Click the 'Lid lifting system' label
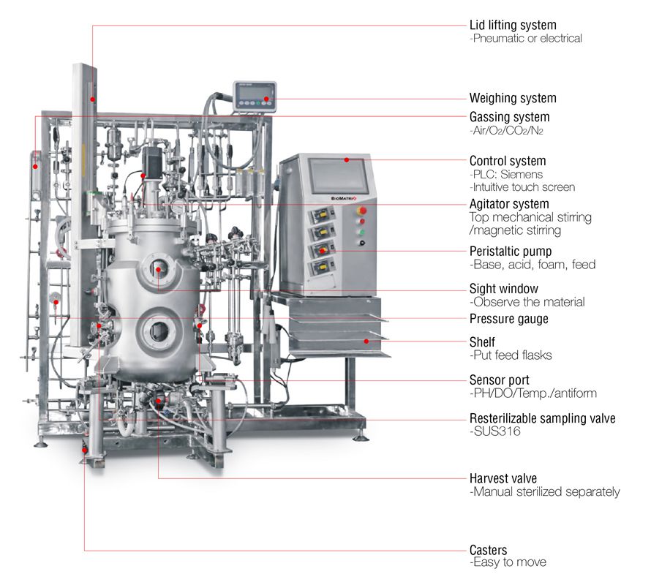click(512, 25)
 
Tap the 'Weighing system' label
click(512, 98)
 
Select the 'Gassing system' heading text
click(509, 117)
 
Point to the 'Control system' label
click(508, 161)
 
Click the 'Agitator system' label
click(509, 204)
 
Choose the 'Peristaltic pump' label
click(510, 251)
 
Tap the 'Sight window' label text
click(504, 289)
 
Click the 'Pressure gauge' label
click(508, 319)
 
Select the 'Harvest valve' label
click(503, 478)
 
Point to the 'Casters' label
click(488, 550)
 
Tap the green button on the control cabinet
click(361, 233)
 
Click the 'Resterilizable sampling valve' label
click(542, 419)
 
